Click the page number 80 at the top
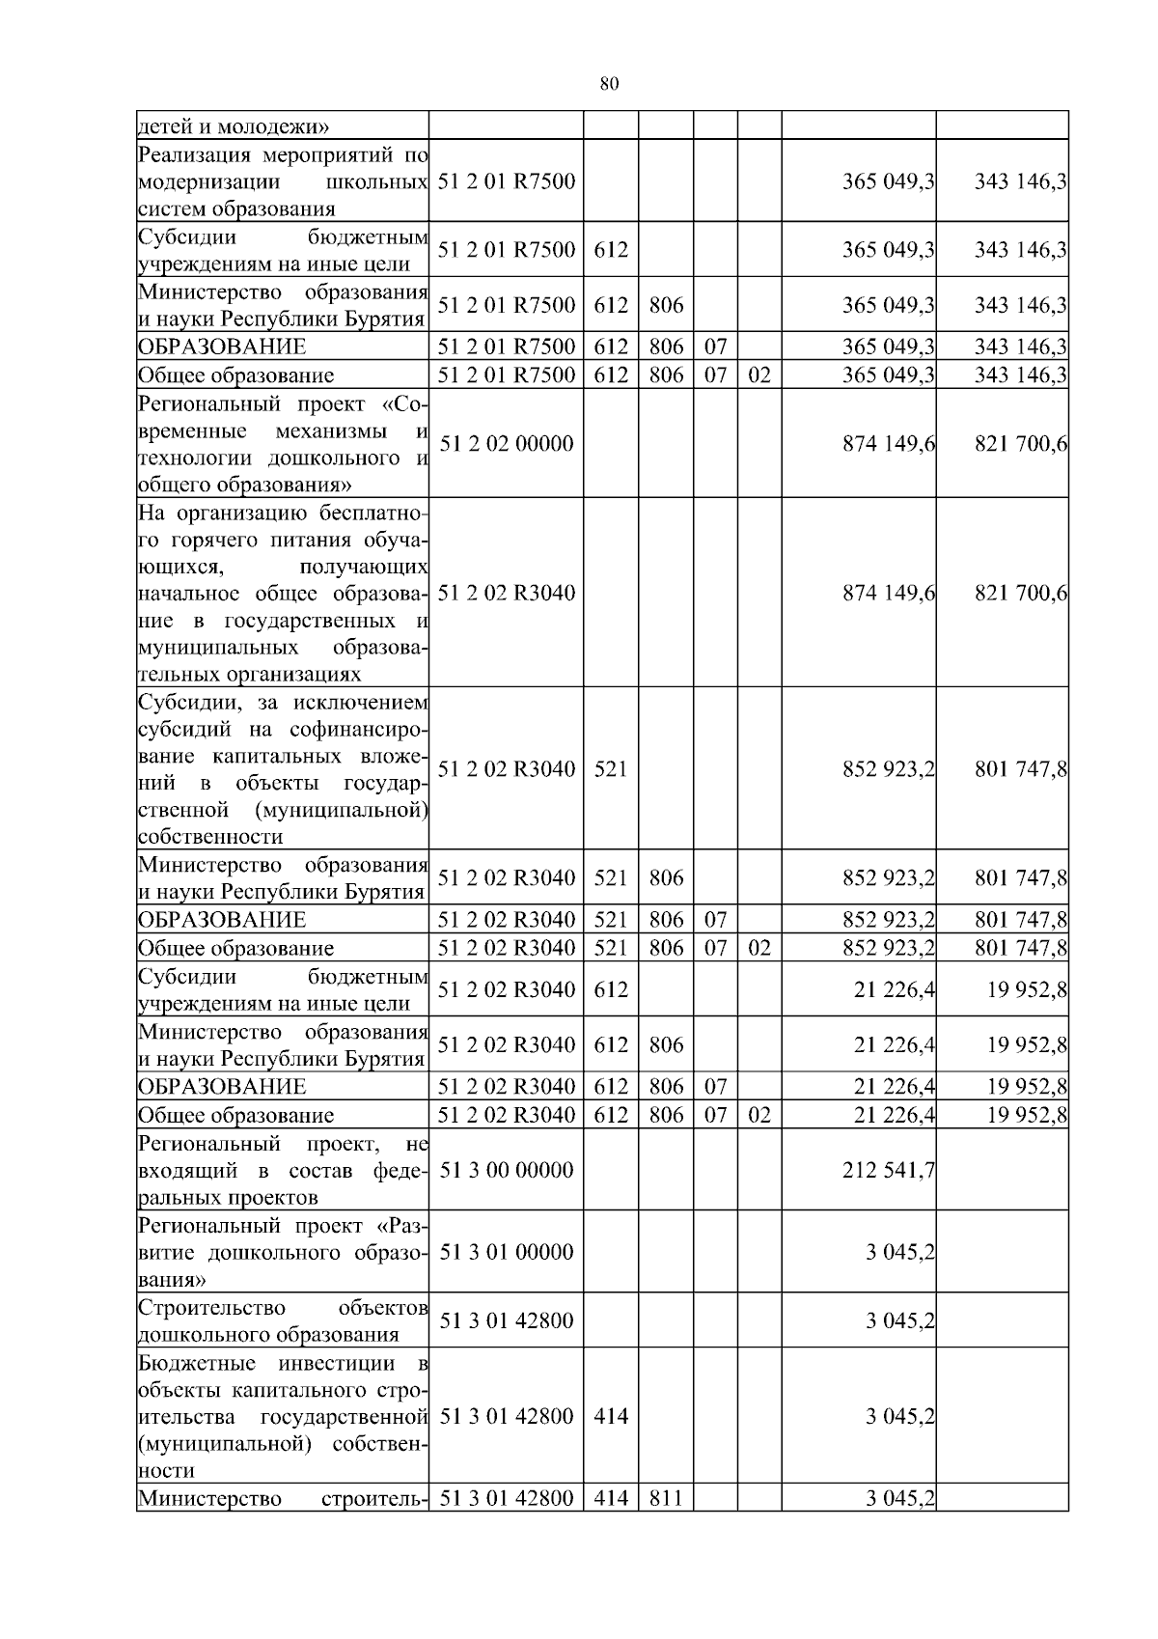pos(609,84)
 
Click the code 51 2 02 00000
pos(507,444)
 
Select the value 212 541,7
pos(889,1170)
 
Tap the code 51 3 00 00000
pos(507,1170)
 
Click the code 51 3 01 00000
pos(507,1252)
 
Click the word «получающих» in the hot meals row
pos(364,566)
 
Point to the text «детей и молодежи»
pos(234,126)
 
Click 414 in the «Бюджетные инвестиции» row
pos(611,1416)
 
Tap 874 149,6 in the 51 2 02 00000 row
pos(889,444)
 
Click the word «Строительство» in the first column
pos(212,1308)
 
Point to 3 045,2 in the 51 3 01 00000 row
pos(900,1252)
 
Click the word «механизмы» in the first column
pos(334,431)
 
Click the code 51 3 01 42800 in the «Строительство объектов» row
pos(507,1320)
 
